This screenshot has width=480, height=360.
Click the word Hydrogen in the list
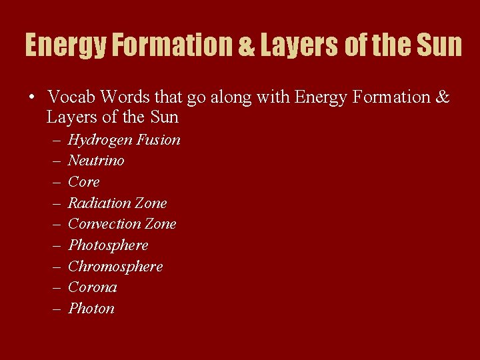coord(99,140)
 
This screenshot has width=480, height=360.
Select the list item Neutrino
coord(96,161)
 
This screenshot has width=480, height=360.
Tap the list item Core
coord(84,182)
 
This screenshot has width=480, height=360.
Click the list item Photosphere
coord(108,245)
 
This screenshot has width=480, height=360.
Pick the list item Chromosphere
coord(115,267)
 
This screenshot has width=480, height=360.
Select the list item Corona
coord(93,287)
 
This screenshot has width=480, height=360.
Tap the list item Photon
coord(91,309)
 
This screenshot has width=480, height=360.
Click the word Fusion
coord(158,140)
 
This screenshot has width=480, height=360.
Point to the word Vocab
coord(71,97)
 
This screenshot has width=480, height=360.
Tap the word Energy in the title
coord(65,45)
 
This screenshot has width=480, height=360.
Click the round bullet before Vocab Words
coord(31,97)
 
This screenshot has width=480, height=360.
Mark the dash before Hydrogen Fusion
coord(54,140)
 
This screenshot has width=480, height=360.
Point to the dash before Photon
coord(54,309)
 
